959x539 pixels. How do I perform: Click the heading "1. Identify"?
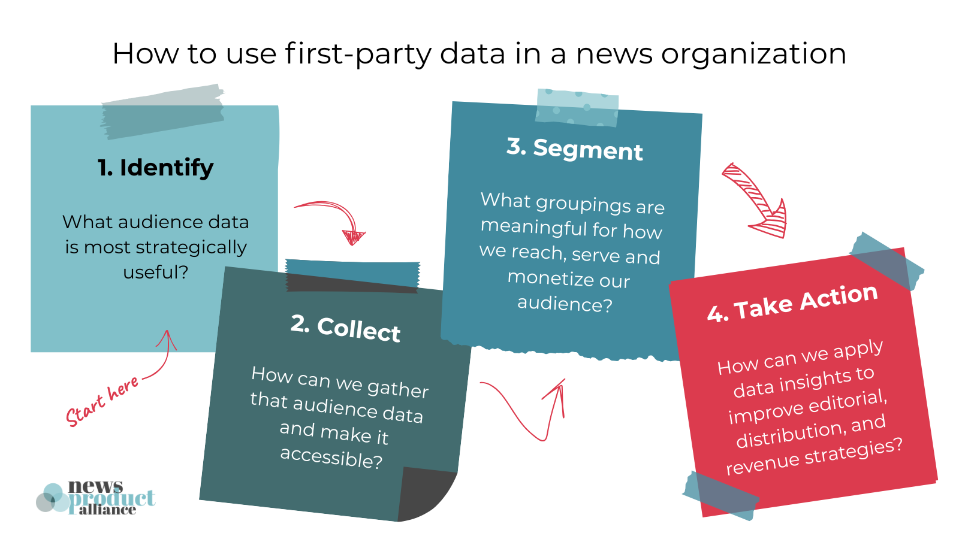pyautogui.click(x=155, y=168)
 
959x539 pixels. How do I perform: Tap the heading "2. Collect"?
pyautogui.click(x=346, y=329)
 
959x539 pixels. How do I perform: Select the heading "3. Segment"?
pyautogui.click(x=574, y=149)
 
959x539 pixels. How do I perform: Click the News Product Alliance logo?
pyautogui.click(x=96, y=498)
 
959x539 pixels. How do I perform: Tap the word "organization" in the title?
pyautogui.click(x=753, y=54)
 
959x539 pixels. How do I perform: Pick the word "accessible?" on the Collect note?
pyautogui.click(x=331, y=458)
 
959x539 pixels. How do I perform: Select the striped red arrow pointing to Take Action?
pyautogui.click(x=755, y=201)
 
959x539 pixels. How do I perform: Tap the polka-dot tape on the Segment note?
pyautogui.click(x=577, y=107)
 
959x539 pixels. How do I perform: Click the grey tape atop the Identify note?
pyautogui.click(x=162, y=111)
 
